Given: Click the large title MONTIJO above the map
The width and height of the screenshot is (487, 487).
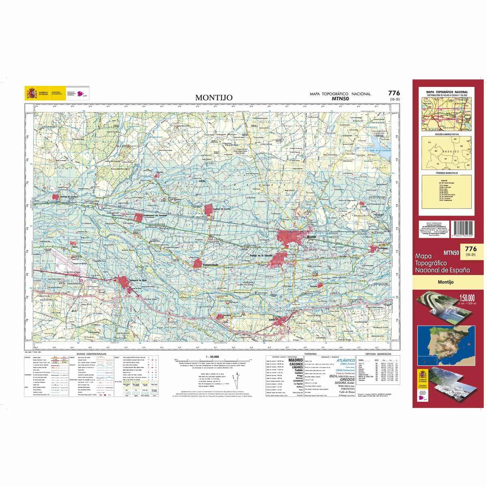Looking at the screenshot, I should (211, 98).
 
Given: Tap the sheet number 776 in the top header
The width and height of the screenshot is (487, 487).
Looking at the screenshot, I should (393, 93).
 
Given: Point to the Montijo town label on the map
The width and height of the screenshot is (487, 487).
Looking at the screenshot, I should (312, 237).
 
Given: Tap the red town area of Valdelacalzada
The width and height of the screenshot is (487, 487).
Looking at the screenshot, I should (198, 264).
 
